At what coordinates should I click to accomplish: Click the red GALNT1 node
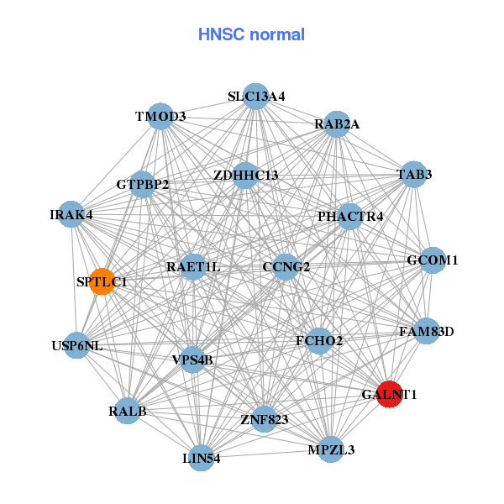pyautogui.click(x=389, y=393)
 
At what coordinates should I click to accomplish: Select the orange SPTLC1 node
pyautogui.click(x=102, y=281)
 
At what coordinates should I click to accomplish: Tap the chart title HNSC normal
pyautogui.click(x=251, y=34)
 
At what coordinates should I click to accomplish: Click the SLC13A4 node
pyautogui.click(x=256, y=97)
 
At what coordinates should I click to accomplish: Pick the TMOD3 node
pyautogui.click(x=160, y=116)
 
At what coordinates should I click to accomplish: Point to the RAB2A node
pyautogui.click(x=337, y=124)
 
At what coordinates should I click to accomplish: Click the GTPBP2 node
pyautogui.click(x=143, y=184)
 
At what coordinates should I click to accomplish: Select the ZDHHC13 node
pyautogui.click(x=245, y=176)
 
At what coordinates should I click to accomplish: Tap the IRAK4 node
pyautogui.click(x=71, y=214)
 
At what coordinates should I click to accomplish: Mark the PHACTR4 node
pyautogui.click(x=350, y=217)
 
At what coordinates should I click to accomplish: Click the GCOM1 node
pyautogui.click(x=432, y=260)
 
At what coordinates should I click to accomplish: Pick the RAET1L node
pyautogui.click(x=193, y=267)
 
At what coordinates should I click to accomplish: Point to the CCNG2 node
pyautogui.click(x=286, y=267)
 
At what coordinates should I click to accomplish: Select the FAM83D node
pyautogui.click(x=426, y=331)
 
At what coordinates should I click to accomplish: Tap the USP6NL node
pyautogui.click(x=76, y=345)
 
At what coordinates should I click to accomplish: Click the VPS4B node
pyautogui.click(x=193, y=360)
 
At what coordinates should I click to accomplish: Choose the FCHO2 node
pyautogui.click(x=319, y=341)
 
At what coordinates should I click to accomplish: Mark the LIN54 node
pyautogui.click(x=202, y=458)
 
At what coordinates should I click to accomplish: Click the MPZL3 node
pyautogui.click(x=331, y=449)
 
